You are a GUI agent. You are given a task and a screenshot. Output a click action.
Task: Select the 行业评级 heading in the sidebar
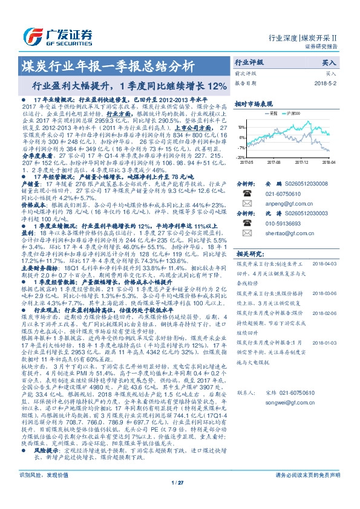click(x=249, y=62)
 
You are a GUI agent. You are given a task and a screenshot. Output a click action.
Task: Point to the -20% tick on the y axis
click(x=241, y=157)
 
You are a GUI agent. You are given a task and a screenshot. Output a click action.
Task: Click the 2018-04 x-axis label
click(x=329, y=162)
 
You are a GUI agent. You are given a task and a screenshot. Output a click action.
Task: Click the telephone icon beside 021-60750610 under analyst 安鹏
click(x=246, y=194)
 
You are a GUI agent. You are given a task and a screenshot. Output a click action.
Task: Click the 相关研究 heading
click(x=249, y=253)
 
